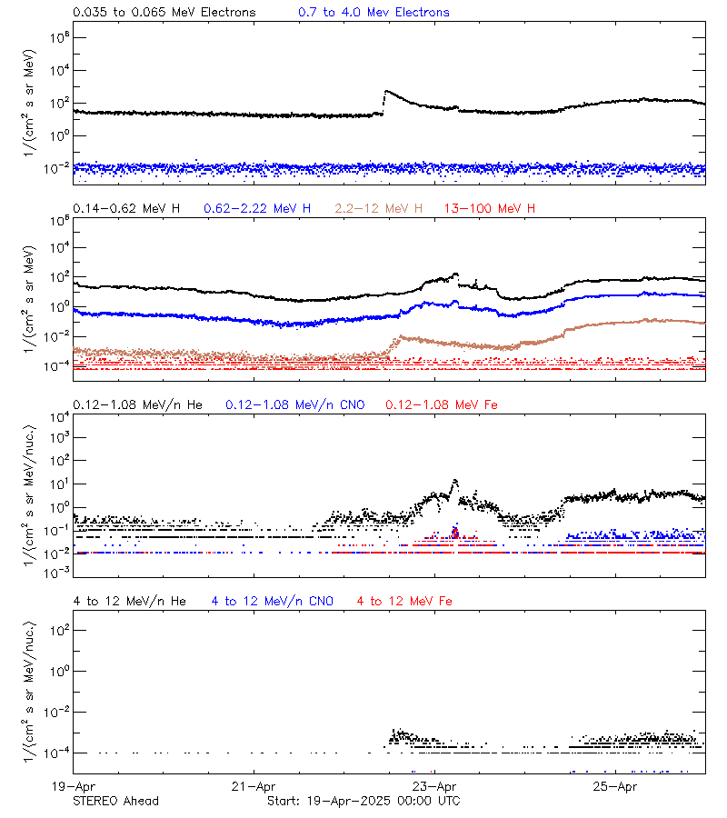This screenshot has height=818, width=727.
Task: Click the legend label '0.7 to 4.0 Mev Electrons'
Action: coord(373,13)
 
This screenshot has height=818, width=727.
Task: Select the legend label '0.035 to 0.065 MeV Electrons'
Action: coord(164,13)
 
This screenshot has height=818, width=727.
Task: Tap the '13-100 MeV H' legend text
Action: coord(490,209)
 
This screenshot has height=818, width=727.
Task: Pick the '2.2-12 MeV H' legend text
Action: coord(378,209)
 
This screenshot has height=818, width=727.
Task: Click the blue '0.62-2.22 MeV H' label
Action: coord(257,209)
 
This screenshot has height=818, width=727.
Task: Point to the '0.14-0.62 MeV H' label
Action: coord(126,209)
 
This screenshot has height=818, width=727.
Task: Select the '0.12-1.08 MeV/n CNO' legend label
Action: coord(295,404)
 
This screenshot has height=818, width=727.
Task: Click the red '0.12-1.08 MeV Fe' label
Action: coord(442,404)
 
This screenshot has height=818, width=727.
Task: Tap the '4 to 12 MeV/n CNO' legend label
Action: coord(273,602)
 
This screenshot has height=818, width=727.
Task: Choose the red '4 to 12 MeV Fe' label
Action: coord(405,602)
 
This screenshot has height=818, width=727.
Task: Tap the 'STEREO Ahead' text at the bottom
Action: coord(115,801)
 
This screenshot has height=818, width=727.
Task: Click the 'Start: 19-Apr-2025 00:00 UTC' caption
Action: coord(363,801)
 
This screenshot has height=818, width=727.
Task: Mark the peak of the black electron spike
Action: coord(387,91)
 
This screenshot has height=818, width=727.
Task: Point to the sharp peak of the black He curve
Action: coord(455,481)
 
